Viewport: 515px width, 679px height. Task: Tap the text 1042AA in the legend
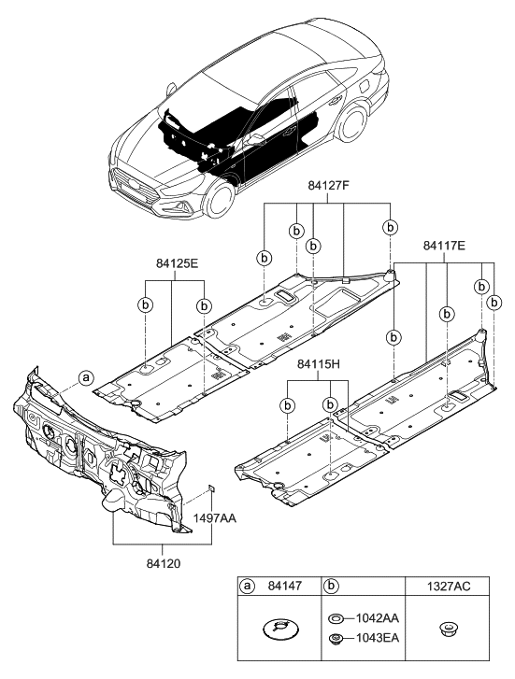[x=378, y=618]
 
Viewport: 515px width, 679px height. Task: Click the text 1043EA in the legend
[x=378, y=637]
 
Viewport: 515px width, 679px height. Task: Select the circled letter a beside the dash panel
[x=86, y=378]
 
